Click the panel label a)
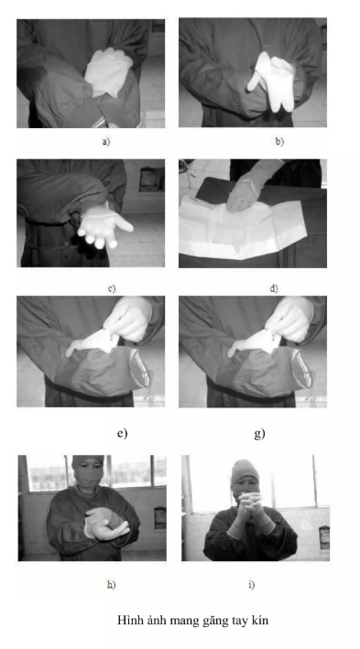(x=106, y=142)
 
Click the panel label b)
(x=279, y=142)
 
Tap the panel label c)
(x=112, y=288)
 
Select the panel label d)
(x=274, y=288)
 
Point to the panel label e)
(x=122, y=433)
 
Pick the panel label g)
(x=259, y=433)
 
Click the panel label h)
(x=111, y=584)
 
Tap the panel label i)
(x=252, y=584)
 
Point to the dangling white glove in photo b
(x=271, y=81)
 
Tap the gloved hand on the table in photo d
(x=245, y=195)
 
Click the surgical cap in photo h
(x=87, y=461)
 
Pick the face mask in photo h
(x=88, y=481)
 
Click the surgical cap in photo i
(x=245, y=471)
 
